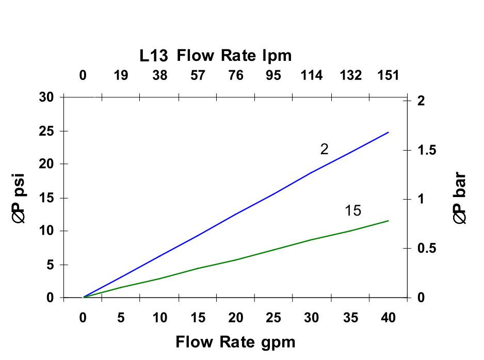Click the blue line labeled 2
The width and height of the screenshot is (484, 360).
tap(235, 215)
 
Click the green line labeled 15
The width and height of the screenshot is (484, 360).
tap(235, 260)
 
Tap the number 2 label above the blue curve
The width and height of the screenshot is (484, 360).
tap(324, 150)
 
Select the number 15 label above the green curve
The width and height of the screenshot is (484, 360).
tap(353, 211)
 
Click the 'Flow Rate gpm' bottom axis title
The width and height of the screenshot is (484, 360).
tap(236, 342)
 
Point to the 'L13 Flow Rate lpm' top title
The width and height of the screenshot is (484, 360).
tap(216, 55)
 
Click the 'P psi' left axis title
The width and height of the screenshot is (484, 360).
tap(19, 199)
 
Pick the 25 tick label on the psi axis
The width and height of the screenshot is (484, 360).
tap(46, 131)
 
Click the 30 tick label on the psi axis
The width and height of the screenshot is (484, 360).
tap(46, 97)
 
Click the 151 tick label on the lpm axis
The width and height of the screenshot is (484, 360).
tap(388, 76)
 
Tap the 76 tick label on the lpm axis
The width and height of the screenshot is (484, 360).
tap(235, 76)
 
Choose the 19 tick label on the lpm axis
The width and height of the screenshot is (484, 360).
tap(121, 76)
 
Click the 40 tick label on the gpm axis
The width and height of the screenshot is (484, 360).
tap(388, 318)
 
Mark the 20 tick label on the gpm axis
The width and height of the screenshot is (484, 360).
tap(235, 318)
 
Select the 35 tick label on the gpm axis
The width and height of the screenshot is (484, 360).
tap(350, 318)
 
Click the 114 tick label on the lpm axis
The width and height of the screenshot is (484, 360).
tap(312, 76)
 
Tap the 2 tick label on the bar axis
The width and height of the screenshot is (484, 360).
tap(421, 101)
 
